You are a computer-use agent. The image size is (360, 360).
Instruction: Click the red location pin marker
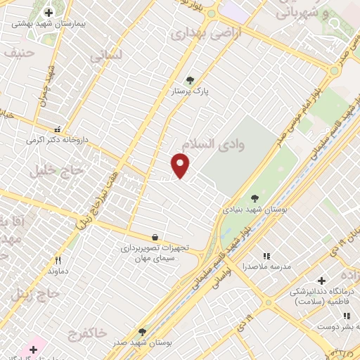pyautogui.click(x=181, y=165)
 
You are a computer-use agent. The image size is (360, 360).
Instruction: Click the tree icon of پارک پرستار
pyautogui.click(x=188, y=79)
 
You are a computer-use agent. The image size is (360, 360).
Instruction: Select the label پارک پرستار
pyautogui.click(x=190, y=91)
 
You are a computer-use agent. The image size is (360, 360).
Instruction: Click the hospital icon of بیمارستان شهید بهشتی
pyautogui.click(x=49, y=12)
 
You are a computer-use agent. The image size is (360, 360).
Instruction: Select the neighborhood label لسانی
pyautogui.click(x=106, y=53)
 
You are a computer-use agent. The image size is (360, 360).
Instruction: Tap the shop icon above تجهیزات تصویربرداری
pyautogui.click(x=155, y=237)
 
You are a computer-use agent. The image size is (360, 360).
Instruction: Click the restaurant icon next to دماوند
pyautogui.click(x=57, y=259)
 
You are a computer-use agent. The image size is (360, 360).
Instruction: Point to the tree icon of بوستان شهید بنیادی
pyautogui.click(x=255, y=198)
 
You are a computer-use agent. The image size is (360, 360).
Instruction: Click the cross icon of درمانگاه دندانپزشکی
pyautogui.click(x=321, y=281)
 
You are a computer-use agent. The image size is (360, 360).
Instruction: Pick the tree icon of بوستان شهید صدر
pyautogui.click(x=142, y=332)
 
